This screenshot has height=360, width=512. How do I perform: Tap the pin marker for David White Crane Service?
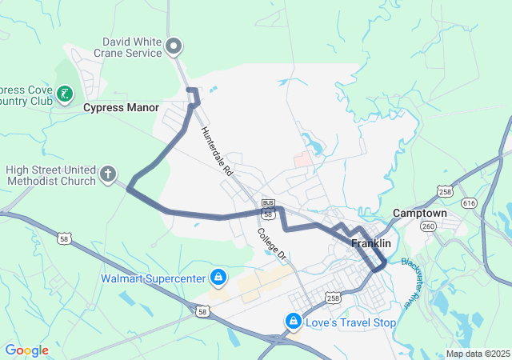point(175,47)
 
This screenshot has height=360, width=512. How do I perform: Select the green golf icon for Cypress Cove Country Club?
point(65,96)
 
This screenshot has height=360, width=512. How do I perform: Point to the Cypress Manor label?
point(121,106)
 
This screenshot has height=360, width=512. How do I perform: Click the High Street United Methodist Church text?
point(50,174)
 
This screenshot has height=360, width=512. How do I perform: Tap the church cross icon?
point(109,174)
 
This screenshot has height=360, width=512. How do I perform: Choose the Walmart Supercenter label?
point(153,278)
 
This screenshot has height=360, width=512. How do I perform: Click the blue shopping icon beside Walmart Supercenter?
point(218,278)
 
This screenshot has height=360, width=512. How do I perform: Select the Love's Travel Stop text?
point(351,322)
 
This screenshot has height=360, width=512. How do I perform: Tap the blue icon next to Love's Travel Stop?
point(294,322)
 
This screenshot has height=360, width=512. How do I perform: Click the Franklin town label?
point(371,243)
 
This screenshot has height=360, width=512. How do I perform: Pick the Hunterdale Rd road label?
point(216,151)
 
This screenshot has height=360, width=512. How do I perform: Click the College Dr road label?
point(271,244)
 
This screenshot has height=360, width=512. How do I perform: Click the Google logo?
point(26,350)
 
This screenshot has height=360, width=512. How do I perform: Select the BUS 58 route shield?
point(268,210)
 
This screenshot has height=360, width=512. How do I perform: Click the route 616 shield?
point(469,204)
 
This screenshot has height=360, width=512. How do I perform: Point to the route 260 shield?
point(429,226)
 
